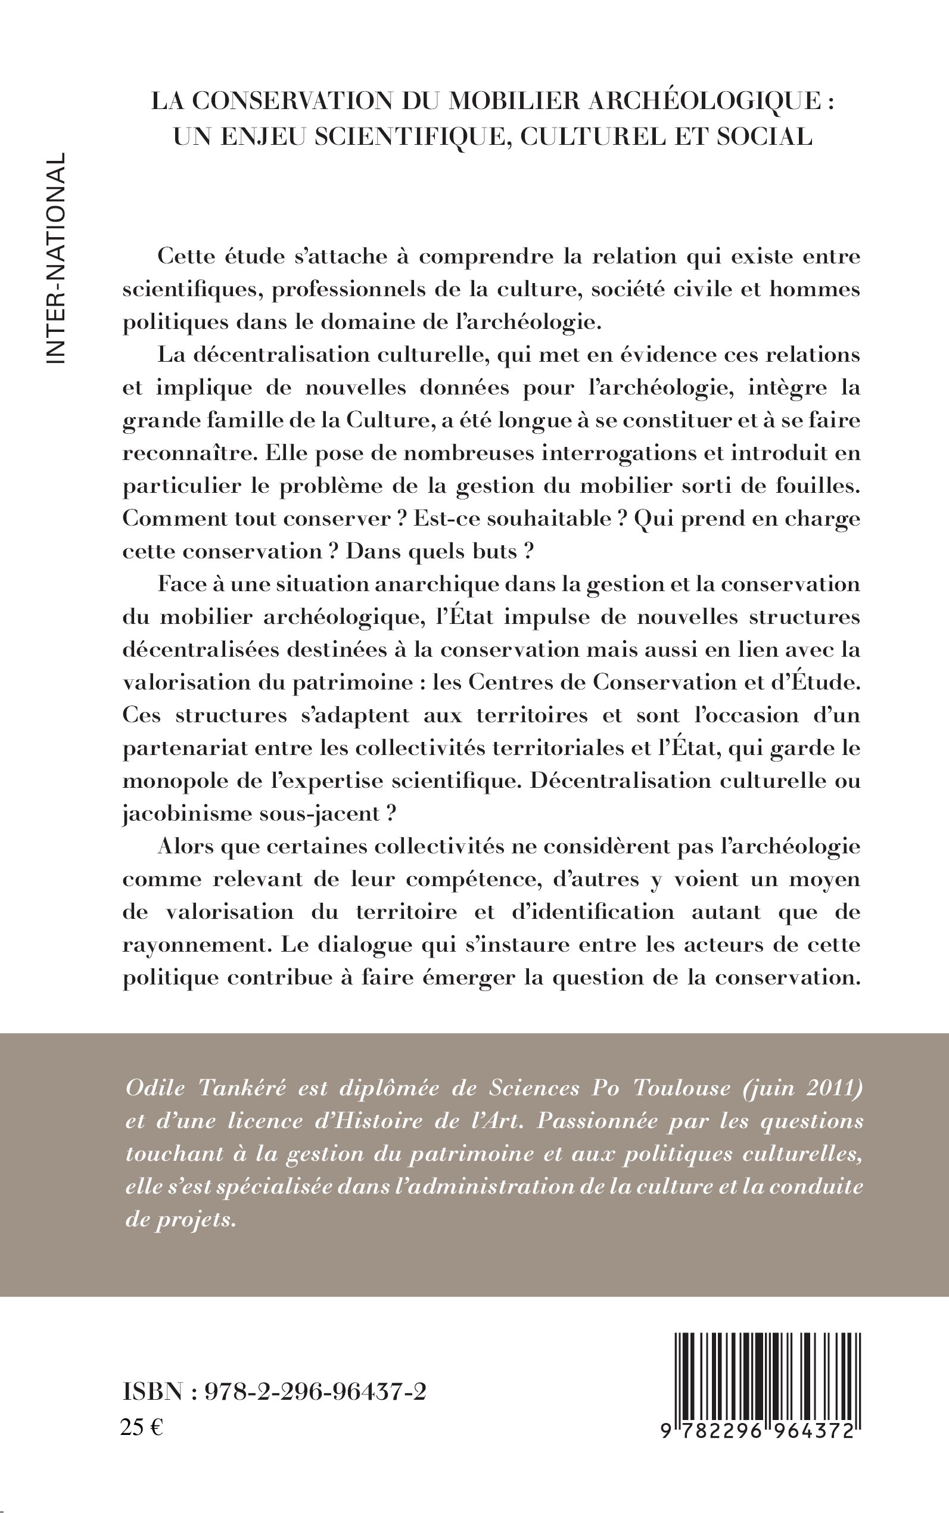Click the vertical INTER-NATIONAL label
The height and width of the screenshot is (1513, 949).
tap(55, 257)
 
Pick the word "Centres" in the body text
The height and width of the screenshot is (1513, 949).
tap(504, 682)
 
